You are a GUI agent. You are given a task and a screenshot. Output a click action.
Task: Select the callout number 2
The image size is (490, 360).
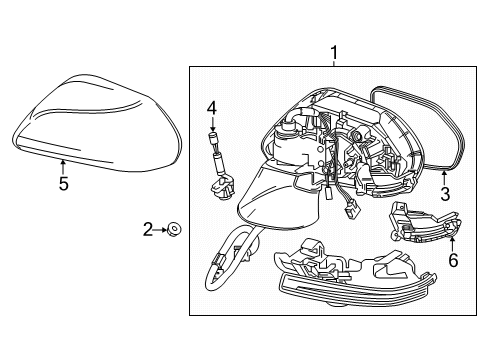147,231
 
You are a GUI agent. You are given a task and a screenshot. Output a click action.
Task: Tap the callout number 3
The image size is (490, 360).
446,193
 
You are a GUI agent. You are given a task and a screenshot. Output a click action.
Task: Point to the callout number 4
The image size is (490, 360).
211,107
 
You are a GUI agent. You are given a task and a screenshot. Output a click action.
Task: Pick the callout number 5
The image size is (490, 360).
63,184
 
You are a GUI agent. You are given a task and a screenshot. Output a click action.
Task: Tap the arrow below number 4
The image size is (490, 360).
211,125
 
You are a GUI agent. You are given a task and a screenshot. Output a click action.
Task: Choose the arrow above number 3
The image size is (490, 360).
444,174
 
